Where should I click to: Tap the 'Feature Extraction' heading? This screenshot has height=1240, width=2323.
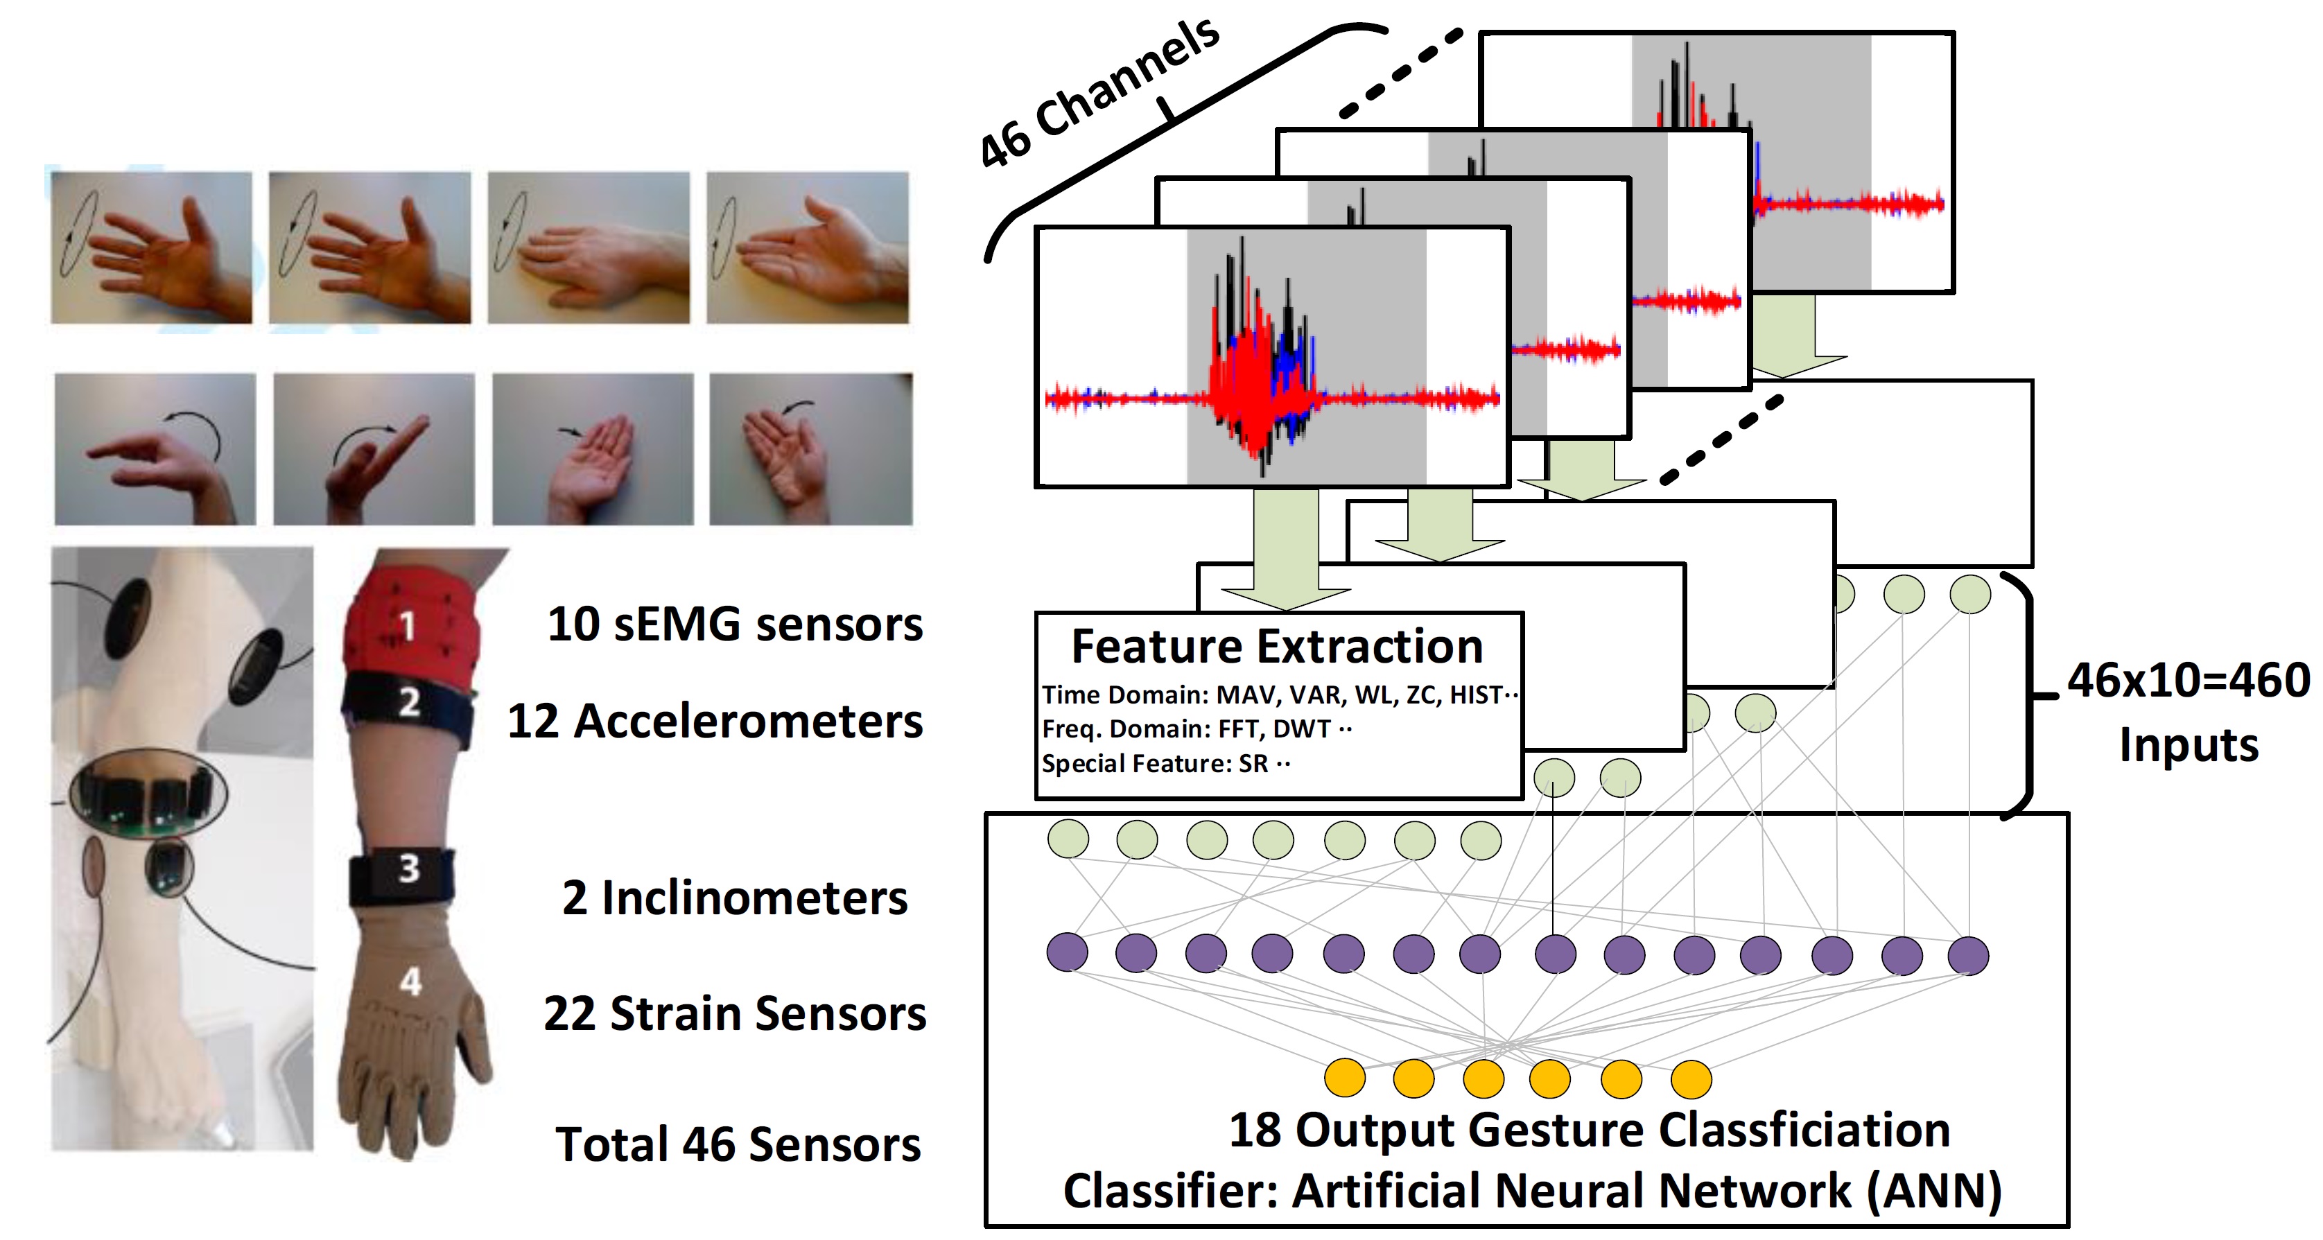pyautogui.click(x=1277, y=647)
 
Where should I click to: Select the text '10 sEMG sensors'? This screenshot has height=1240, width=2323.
pyautogui.click(x=735, y=624)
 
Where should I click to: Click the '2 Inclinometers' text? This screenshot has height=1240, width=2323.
pyautogui.click(x=735, y=898)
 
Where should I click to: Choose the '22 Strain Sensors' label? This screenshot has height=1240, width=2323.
pyautogui.click(x=735, y=1013)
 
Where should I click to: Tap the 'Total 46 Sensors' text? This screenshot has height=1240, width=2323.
pyautogui.click(x=738, y=1144)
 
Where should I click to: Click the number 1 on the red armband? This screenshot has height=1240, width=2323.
pyautogui.click(x=408, y=625)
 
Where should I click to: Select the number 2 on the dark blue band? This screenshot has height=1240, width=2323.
pyautogui.click(x=410, y=701)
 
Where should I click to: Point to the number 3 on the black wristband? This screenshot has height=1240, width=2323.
pyautogui.click(x=410, y=868)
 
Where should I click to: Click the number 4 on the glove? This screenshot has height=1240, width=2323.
pyautogui.click(x=411, y=981)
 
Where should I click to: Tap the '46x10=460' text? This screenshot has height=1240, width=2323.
pyautogui.click(x=2189, y=680)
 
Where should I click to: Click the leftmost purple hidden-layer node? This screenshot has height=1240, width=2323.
pyautogui.click(x=1067, y=952)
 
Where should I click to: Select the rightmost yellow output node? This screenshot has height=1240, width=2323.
pyautogui.click(x=1691, y=1079)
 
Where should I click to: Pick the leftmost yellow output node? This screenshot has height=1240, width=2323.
pyautogui.click(x=1345, y=1078)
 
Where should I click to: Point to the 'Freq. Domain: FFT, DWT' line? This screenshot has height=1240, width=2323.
pyautogui.click(x=1197, y=728)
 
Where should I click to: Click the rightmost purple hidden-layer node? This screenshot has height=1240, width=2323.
pyautogui.click(x=1967, y=956)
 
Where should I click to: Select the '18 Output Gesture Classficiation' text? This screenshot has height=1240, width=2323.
pyautogui.click(x=1590, y=1130)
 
